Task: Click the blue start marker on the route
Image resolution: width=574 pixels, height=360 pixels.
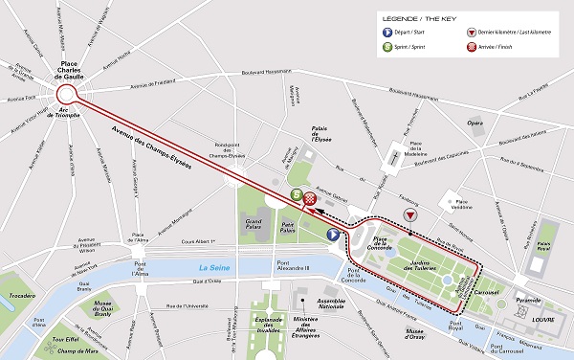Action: point(333,234)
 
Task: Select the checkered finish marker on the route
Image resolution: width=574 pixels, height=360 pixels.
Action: point(310,199)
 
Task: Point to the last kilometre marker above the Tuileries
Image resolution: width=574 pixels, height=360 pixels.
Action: point(410,216)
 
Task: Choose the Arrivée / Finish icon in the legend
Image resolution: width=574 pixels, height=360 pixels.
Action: point(473,60)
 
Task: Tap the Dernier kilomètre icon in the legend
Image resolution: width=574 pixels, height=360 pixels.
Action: point(473,43)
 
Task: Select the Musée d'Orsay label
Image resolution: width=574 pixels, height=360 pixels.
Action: point(416,334)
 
